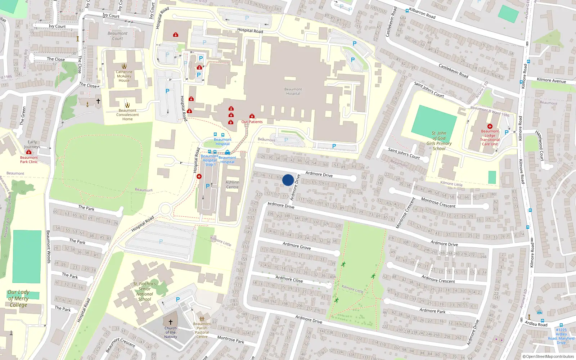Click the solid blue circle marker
[288, 180]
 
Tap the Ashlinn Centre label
[232, 185]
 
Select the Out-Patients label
[252, 122]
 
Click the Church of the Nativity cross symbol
[171, 322]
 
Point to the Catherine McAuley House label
[124, 76]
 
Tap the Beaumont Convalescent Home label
[127, 115]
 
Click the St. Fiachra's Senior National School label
[144, 291]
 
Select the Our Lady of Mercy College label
[18, 298]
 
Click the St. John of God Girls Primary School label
[439, 141]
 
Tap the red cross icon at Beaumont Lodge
[490, 126]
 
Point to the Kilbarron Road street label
[422, 13]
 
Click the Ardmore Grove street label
[297, 246]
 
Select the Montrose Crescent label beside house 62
[438, 203]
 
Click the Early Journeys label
[32, 144]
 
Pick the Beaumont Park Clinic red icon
[29, 152]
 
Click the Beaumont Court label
[117, 36]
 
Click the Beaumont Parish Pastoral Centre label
[202, 330]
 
